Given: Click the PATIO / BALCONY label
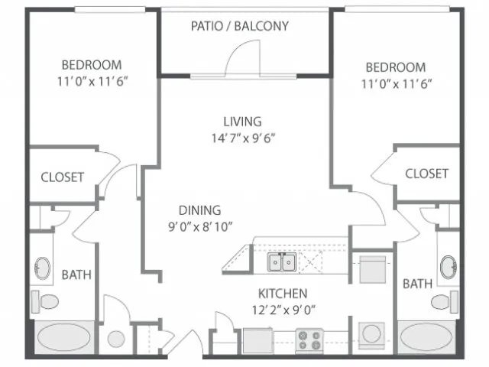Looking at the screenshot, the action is point(240,26).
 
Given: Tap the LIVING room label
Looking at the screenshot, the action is point(242,122).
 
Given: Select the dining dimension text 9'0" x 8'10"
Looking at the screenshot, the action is point(200,227).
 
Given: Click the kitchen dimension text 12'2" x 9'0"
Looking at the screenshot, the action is point(283,310).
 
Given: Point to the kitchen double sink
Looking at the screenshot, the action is point(282,262).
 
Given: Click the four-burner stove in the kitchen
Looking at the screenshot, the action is point(309,340).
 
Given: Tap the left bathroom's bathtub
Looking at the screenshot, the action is point(64,337).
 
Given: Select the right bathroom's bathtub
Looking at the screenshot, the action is point(426,337).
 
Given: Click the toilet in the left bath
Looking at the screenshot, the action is point(45,301).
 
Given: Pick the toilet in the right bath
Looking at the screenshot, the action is point(445,302).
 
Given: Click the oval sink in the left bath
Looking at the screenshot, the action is point(42,268).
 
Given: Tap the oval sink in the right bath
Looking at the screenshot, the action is point(449,267).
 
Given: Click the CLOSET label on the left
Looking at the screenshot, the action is point(63,177).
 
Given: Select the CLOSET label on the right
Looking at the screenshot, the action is point(426,174).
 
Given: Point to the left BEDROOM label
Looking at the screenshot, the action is point(92,65).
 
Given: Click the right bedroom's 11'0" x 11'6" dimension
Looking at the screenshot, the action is point(397,84).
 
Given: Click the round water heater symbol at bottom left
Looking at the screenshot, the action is point(116,339).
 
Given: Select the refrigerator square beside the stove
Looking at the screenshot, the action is point(258,340).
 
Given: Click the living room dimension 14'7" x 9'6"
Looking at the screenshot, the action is point(243,138).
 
